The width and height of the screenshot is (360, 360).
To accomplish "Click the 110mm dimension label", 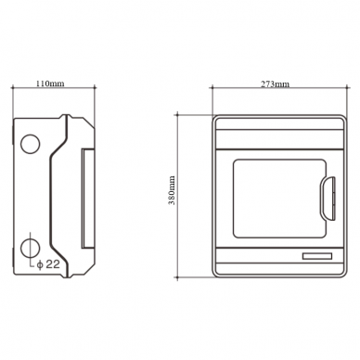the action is pyautogui.click(x=50, y=84).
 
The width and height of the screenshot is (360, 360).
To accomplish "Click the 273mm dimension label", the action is pyautogui.click(x=275, y=84).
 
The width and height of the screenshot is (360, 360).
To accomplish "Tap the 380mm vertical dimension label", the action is pyautogui.click(x=172, y=190).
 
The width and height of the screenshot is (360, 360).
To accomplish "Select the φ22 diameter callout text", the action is pyautogui.click(x=48, y=264).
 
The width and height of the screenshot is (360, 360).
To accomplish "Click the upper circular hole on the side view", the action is pyautogui.click(x=31, y=144).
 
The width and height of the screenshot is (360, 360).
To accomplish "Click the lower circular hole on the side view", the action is pyautogui.click(x=31, y=249).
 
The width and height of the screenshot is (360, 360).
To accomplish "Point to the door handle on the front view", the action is pyautogui.click(x=328, y=199).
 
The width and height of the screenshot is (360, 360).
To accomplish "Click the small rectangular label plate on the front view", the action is pyautogui.click(x=317, y=256).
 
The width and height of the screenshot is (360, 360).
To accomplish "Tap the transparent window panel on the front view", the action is pyautogui.click(x=279, y=199).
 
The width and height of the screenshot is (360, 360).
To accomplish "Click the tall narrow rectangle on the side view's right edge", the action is pyautogui.click(x=88, y=199).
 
